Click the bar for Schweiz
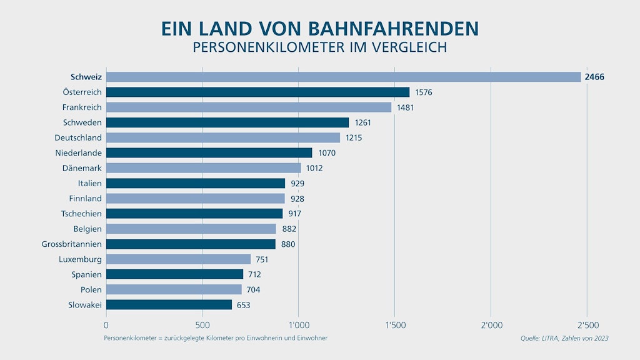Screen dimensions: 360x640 coord(344,77)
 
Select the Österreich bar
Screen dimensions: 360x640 coord(257,92)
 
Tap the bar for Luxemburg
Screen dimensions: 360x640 coord(178,259)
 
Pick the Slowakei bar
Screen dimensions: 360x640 coord(169,304)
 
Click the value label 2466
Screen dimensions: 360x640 coord(594,77)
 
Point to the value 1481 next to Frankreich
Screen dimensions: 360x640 coord(405,107)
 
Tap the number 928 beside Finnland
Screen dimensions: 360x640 coord(297,199)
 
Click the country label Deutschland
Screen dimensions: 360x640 coord(78,137)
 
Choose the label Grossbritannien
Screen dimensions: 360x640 coord(71,244)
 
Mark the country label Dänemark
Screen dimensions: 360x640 coord(82,167)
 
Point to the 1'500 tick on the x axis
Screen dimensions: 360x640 coord(394,325)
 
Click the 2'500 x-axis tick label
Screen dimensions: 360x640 coord(587,325)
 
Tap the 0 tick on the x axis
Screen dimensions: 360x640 coord(106,325)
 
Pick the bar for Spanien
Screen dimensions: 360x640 coord(174,274)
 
